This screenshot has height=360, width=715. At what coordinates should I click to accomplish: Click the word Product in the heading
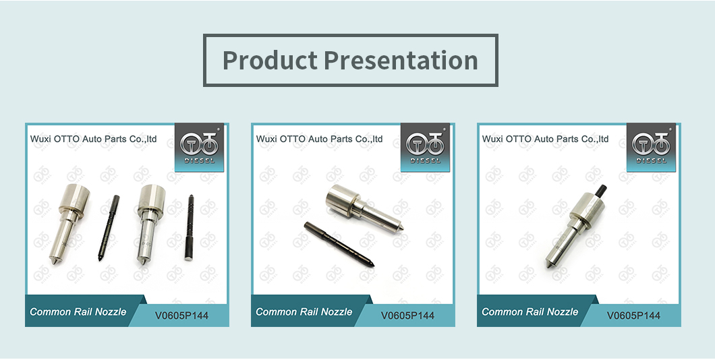(270, 60)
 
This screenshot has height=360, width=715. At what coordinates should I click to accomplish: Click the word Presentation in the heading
(401, 60)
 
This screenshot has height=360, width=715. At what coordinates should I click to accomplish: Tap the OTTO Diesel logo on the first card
(199, 147)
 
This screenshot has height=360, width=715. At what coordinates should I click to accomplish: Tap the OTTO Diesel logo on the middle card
(426, 147)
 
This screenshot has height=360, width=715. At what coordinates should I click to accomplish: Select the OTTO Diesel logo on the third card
(651, 147)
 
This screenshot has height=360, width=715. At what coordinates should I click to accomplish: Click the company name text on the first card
(94, 139)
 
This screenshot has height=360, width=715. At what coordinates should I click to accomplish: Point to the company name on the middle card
(319, 139)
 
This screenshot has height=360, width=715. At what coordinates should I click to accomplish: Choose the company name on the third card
(546, 139)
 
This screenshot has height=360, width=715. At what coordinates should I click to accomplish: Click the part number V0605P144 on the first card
(181, 316)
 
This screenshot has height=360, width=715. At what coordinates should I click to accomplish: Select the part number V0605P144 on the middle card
(407, 316)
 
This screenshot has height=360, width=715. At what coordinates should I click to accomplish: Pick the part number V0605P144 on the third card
(633, 316)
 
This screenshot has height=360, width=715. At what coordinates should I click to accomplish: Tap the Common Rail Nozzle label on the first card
(78, 312)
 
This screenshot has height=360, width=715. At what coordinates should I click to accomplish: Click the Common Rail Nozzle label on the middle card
(304, 312)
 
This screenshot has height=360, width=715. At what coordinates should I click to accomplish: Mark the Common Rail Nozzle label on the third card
(530, 312)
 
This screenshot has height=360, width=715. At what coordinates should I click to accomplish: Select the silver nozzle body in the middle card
(365, 208)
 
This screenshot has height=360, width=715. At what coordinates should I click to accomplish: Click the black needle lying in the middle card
(339, 243)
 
